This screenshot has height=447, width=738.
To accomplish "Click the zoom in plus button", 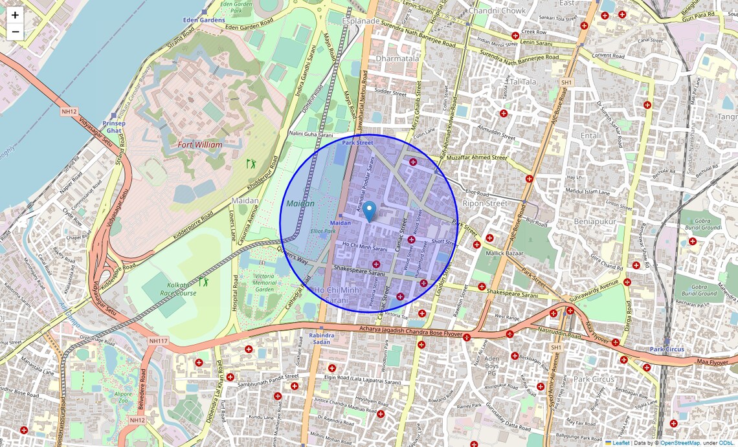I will [x=15, y=15].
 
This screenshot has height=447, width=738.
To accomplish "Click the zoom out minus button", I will [x=15, y=32].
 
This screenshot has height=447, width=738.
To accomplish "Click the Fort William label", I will [x=200, y=145].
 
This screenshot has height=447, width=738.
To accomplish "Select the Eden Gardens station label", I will [x=204, y=20].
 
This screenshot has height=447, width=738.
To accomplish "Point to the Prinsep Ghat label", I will [x=114, y=126].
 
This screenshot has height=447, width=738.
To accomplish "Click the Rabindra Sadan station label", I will [x=321, y=338].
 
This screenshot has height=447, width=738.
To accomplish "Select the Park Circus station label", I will [x=667, y=349].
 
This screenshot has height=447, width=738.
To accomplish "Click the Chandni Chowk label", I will [x=497, y=11].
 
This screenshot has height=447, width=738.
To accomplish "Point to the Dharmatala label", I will [x=397, y=58].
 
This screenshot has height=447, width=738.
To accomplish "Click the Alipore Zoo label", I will [x=124, y=396].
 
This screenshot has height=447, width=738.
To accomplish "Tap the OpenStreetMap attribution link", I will [x=680, y=443].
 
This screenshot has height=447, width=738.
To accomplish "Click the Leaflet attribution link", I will [x=621, y=443].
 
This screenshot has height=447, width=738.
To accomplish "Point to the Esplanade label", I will [x=361, y=21].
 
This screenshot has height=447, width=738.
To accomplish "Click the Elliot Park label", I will [x=323, y=231].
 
